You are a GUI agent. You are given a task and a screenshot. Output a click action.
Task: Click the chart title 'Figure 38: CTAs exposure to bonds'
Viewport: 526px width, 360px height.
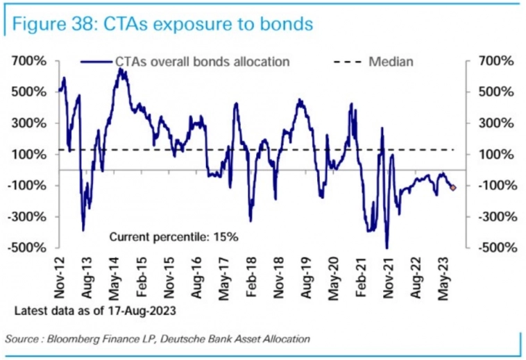pyautogui.click(x=161, y=24)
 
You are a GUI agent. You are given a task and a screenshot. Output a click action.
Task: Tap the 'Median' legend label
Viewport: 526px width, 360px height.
pyautogui.click(x=391, y=62)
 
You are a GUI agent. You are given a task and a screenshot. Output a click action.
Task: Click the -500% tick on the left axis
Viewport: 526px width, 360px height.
pyautogui.click(x=28, y=248)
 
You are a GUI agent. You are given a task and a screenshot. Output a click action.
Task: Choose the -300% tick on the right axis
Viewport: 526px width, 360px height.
pyautogui.click(x=495, y=216)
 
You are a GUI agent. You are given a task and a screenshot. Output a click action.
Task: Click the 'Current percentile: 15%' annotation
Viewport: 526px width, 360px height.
pyautogui.click(x=173, y=237)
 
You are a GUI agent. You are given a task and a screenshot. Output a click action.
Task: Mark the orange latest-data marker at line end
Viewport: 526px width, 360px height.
pyautogui.click(x=454, y=188)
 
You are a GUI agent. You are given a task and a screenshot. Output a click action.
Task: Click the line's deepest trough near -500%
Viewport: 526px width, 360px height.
pyautogui.click(x=387, y=248)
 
